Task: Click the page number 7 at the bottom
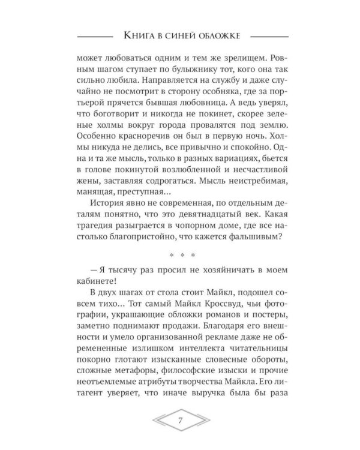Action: tap(180, 419)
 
